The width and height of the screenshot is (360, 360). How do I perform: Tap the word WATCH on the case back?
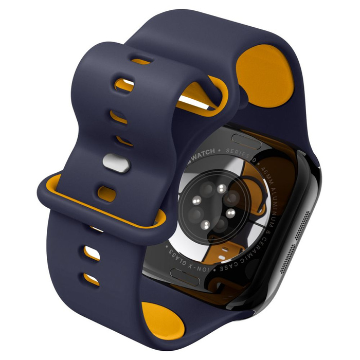[x=206, y=153]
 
